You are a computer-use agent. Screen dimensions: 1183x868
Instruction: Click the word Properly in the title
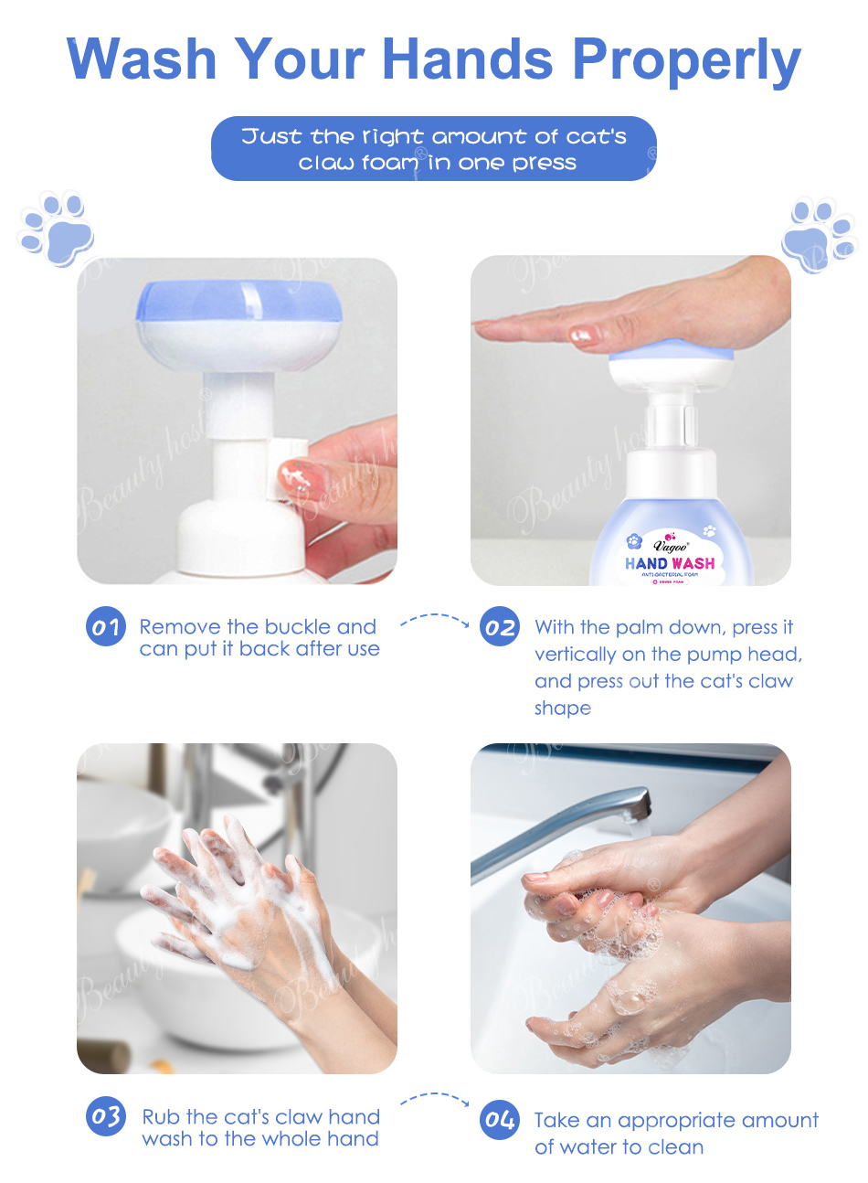(686, 60)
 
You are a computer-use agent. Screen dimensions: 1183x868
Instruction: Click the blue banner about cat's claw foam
(434, 149)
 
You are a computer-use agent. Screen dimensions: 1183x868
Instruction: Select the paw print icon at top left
(57, 229)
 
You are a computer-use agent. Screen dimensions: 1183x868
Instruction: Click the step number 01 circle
(105, 627)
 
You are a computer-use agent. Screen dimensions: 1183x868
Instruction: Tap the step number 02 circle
(500, 627)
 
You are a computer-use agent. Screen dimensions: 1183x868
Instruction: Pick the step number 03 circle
(105, 1116)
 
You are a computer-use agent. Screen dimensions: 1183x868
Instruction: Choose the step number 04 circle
(500, 1119)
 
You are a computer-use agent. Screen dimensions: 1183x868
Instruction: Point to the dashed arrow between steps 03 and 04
(435, 1098)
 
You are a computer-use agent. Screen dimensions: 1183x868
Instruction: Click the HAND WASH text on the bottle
(670, 563)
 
